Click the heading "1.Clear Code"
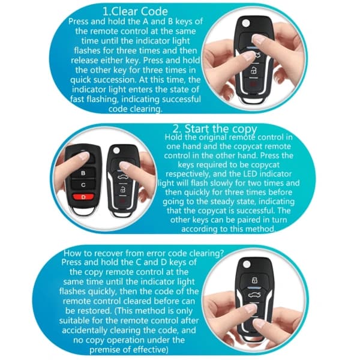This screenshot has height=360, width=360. tap(135, 11)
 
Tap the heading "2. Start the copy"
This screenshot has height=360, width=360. tap(215, 129)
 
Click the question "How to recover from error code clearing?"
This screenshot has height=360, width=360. tap(143, 253)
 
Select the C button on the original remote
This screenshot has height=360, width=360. tap(83, 185)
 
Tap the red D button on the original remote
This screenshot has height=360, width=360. tap(83, 197)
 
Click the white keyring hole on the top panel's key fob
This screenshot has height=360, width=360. tap(246, 23)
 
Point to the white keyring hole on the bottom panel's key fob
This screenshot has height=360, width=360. tap(247, 264)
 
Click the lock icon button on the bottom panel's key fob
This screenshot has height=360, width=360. tap(254, 280)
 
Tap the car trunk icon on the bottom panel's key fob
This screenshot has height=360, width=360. tap(255, 295)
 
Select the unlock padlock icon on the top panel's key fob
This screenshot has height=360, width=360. tap(254, 71)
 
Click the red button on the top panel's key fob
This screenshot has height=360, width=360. tap(253, 83)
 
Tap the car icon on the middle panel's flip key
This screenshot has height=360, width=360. tap(123, 177)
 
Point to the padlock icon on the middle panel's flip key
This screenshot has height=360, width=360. tap(123, 190)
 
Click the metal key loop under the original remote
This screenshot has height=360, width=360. tap(83, 211)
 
